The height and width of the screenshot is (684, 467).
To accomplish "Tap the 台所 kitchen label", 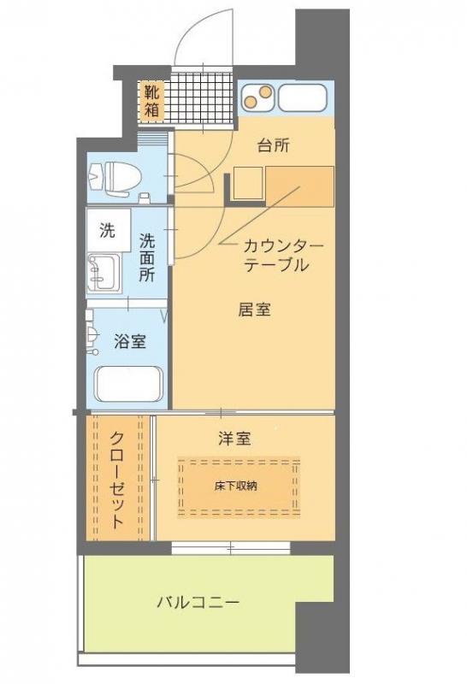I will [274, 145].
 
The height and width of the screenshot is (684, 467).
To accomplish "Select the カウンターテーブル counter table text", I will [282, 255].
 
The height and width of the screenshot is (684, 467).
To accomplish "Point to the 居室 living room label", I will [254, 310].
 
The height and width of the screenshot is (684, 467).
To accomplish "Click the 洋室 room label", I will [233, 439].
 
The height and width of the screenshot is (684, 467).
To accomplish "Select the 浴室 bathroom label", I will [129, 343].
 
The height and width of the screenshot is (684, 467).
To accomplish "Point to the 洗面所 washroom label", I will [147, 257].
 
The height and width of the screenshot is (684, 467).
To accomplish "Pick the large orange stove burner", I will [263, 91].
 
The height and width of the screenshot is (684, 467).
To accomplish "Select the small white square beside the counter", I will [247, 183].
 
